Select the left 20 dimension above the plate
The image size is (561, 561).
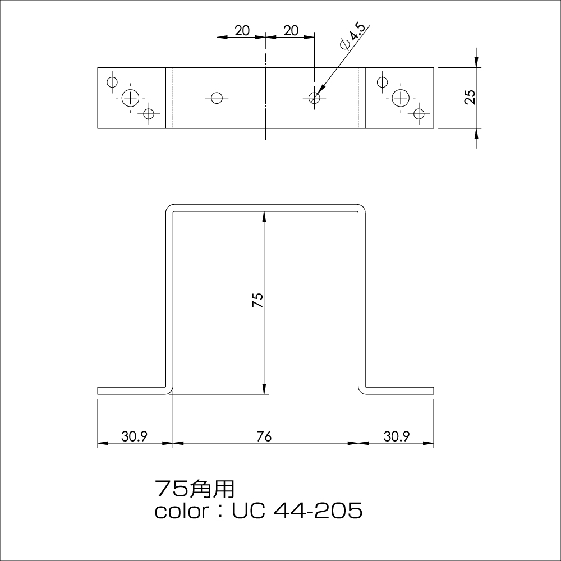coord(242,31)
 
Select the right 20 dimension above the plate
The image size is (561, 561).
coord(291,31)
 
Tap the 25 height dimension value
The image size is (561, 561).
coord(470,97)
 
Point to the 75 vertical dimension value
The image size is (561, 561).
coord(257,300)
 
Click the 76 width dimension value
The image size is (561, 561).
coord(264,436)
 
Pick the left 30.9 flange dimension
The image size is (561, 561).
coord(134,436)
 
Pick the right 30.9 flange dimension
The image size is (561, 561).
coord(397,436)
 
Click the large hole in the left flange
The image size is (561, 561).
coord(131,98)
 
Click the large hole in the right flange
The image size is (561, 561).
coord(401,98)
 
